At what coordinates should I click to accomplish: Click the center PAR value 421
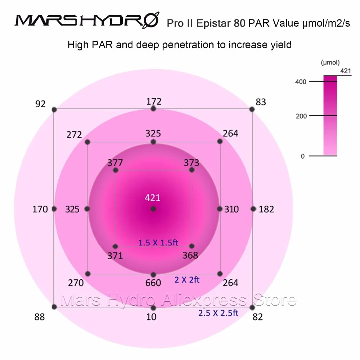(153, 198)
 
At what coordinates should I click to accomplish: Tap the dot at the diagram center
(153, 209)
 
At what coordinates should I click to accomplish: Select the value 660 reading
(153, 283)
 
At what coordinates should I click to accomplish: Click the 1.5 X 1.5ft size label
(158, 243)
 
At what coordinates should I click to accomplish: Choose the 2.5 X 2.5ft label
(218, 313)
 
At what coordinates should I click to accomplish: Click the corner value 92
(41, 104)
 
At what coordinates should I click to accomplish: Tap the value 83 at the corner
(261, 102)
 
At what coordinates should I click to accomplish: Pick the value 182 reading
(266, 209)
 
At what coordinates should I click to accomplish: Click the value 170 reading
(40, 209)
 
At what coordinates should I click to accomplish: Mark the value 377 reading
(115, 163)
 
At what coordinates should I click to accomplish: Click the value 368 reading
(190, 255)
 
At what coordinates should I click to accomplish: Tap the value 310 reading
(231, 209)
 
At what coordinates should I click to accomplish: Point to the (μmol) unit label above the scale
(330, 62)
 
